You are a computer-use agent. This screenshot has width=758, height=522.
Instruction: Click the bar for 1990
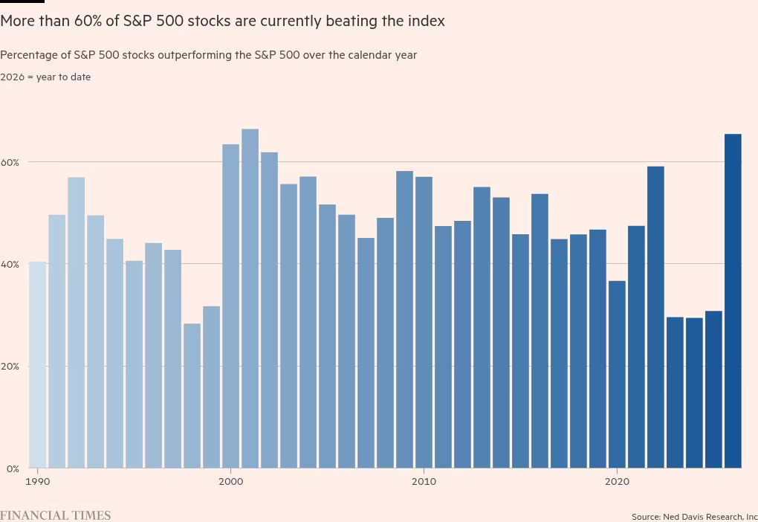[x=38, y=364]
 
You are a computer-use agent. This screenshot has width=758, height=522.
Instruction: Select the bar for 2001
[x=250, y=298]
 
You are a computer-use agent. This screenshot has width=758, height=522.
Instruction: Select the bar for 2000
[x=230, y=306]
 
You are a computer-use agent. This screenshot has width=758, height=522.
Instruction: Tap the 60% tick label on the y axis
[x=10, y=162]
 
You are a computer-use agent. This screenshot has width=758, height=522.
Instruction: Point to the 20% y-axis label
[x=10, y=367]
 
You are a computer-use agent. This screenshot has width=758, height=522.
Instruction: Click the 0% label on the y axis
[x=13, y=468]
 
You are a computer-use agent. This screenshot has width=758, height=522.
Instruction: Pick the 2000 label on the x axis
[x=230, y=482]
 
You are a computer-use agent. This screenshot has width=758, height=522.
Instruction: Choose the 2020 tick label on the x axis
[x=617, y=482]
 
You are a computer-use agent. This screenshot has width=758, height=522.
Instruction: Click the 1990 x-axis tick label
[x=38, y=482]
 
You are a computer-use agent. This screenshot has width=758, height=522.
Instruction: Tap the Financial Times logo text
[x=55, y=515]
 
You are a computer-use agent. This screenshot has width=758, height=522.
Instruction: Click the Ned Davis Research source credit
[x=694, y=516]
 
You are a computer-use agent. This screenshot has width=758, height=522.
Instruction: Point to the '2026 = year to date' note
[x=45, y=77]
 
